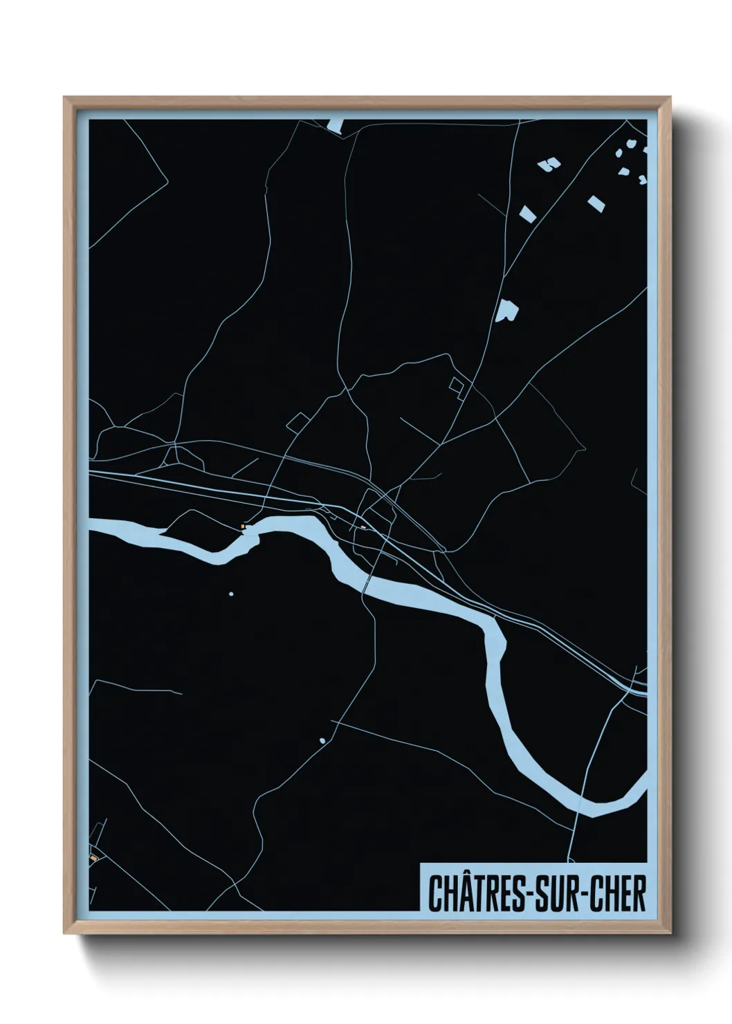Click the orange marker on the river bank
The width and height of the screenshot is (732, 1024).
[242, 527]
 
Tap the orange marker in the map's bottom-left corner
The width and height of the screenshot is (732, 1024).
[92, 858]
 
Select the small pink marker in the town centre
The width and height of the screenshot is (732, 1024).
[363, 527]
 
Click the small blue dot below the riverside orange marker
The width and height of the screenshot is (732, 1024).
[231, 594]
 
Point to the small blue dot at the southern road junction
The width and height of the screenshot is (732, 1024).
[322, 741]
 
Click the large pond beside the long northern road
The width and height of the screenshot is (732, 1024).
[509, 311]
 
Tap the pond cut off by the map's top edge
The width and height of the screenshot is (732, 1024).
[335, 125]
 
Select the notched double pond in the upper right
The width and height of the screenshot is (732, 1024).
[549, 164]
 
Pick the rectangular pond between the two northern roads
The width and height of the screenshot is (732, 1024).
[527, 212]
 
